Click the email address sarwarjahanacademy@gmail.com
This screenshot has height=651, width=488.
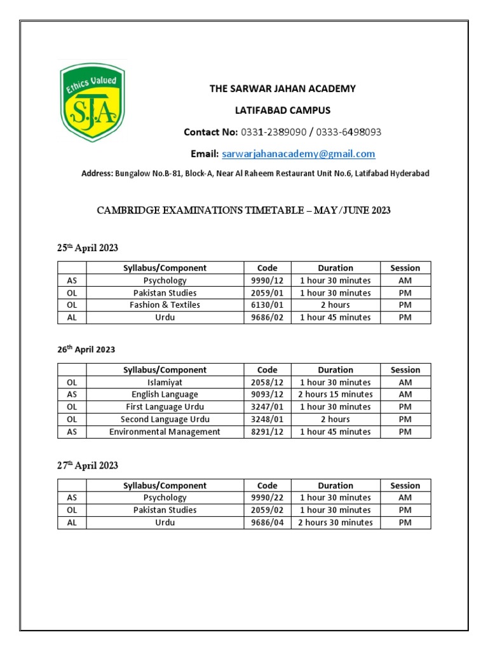coord(298,154)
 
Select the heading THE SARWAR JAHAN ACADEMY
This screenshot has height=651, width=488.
coord(283,89)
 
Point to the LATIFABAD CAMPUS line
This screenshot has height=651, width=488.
coord(283,111)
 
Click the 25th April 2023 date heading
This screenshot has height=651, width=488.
coord(88,248)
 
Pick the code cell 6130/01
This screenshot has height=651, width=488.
coord(268,305)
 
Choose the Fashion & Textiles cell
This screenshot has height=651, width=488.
coord(165,305)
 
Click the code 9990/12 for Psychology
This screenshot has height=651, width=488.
coord(268,280)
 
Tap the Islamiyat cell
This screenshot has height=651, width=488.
coord(165,382)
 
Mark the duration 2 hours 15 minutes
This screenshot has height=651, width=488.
coord(335,394)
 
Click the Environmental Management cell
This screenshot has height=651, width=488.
coord(165,432)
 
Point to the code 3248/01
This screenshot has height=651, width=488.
coord(268,420)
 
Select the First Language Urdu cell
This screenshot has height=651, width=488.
coord(165,407)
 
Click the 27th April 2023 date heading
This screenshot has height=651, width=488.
coord(88,466)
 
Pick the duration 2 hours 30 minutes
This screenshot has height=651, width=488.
coord(335,523)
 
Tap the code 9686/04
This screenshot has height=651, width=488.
coord(268,523)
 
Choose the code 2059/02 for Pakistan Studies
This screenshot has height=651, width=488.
coord(268,510)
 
